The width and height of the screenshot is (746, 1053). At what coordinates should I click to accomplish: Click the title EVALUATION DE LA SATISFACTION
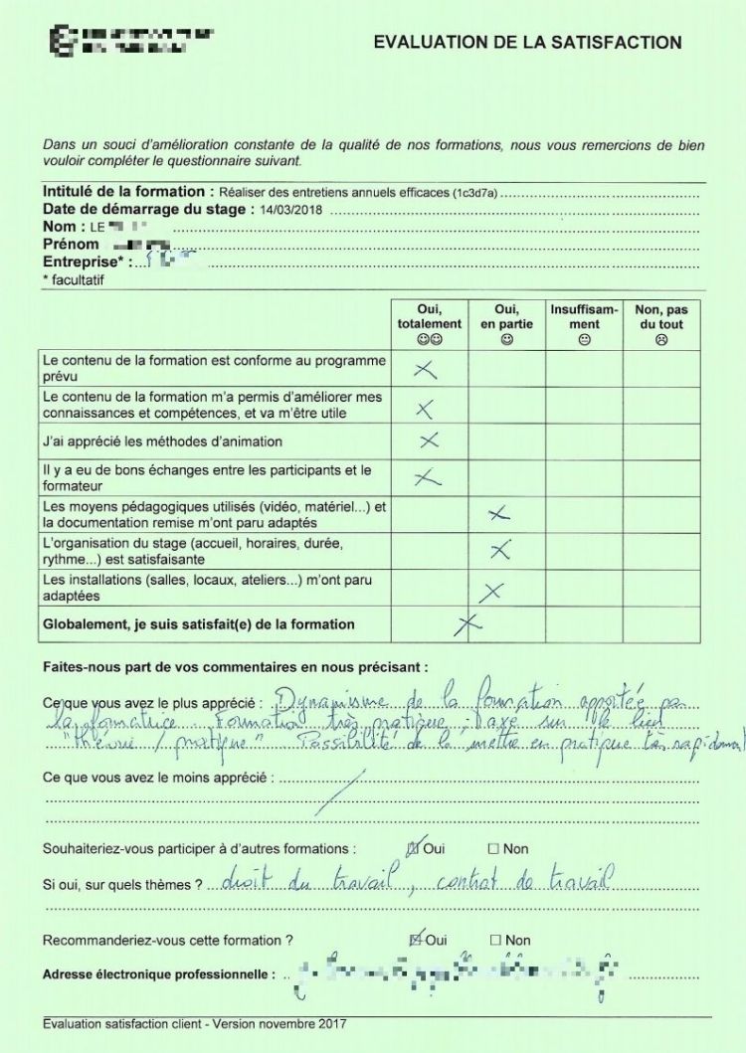(527, 43)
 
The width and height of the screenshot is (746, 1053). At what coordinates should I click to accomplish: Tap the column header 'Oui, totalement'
(429, 324)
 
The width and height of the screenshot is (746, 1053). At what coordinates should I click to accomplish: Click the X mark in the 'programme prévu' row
(425, 370)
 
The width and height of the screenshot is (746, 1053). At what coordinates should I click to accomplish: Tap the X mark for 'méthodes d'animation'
(429, 440)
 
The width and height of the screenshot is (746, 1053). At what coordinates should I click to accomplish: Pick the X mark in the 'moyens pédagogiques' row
(499, 513)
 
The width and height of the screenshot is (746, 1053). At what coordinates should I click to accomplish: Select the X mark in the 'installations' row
(490, 592)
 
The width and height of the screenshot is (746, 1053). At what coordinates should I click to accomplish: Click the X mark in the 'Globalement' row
(467, 624)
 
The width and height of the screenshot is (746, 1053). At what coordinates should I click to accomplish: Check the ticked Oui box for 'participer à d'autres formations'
(415, 848)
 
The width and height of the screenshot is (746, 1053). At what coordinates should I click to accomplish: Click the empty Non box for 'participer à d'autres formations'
(493, 849)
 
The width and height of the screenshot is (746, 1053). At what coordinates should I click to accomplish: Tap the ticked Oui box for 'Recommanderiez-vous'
(415, 940)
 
